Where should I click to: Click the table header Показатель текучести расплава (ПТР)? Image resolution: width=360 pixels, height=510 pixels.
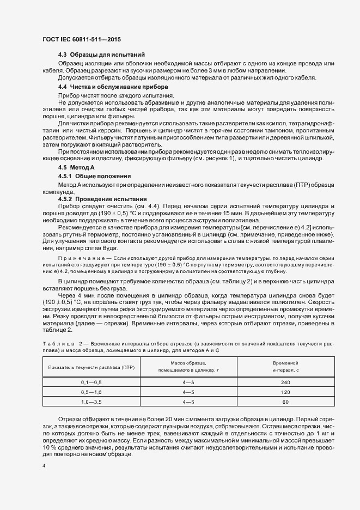[91, 366]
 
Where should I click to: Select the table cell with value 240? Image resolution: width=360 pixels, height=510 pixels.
[285, 382]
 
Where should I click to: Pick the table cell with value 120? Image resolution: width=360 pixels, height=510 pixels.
[285, 392]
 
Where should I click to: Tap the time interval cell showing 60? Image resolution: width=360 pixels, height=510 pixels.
[285, 402]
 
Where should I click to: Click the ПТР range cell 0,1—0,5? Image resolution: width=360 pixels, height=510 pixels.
[91, 382]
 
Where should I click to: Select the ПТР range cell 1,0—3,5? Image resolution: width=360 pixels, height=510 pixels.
[91, 402]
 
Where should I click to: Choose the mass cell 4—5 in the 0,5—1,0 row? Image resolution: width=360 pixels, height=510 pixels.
[188, 392]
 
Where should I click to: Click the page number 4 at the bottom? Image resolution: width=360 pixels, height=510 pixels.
[44, 466]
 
